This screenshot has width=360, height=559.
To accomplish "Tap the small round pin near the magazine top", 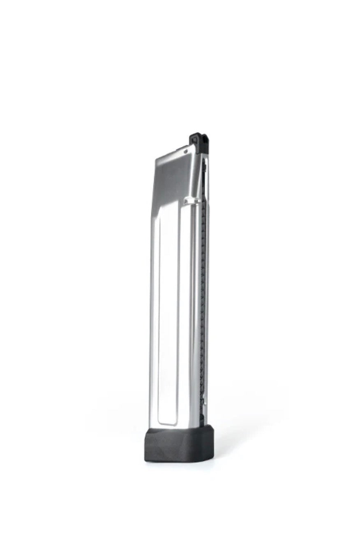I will pos(186,151).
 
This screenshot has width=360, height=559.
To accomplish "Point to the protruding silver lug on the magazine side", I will pos(189,200).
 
